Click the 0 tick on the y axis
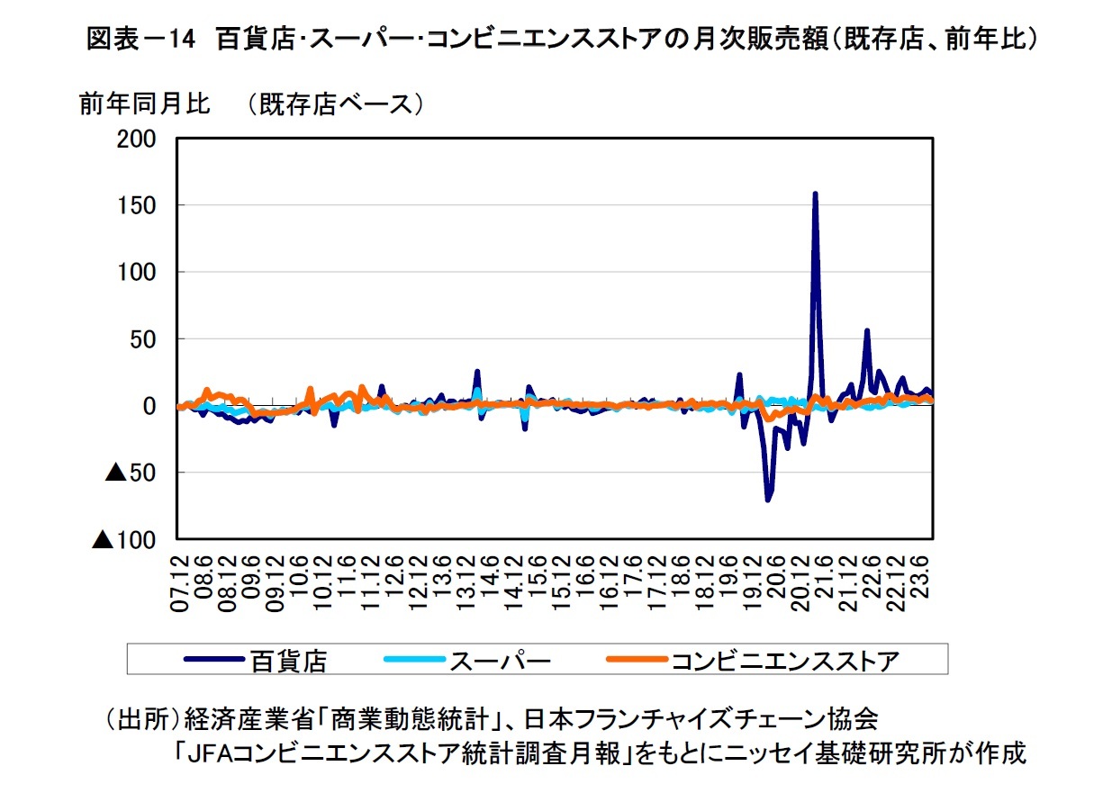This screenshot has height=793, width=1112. coord(149,406)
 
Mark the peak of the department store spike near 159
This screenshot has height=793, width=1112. coord(815,194)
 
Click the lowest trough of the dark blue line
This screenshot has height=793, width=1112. coord(768,500)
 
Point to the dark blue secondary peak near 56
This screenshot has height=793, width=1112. coord(866,330)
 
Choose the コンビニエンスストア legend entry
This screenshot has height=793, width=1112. coord(783,662)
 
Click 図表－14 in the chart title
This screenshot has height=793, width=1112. coord(140,41)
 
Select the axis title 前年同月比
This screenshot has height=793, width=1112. coord(144,105)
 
